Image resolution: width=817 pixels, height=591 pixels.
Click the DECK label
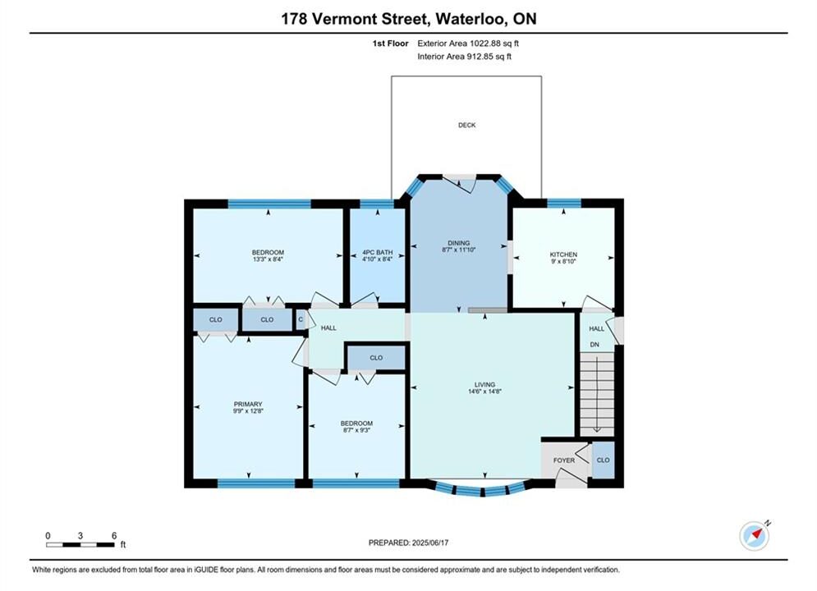[x=467, y=125]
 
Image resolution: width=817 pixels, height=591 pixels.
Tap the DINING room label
[x=458, y=243]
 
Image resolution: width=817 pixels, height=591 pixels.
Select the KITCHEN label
[x=563, y=254]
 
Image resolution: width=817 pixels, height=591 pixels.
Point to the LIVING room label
[x=484, y=385]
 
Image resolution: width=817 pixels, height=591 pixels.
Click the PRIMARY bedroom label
[x=248, y=404]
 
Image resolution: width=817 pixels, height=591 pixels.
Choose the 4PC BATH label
[x=377, y=253]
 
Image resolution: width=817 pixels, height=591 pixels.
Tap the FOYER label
[x=564, y=460]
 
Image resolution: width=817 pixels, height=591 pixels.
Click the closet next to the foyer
[x=604, y=460]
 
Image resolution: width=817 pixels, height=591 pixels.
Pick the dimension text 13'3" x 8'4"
[x=268, y=259]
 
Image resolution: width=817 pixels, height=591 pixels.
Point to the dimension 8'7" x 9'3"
[x=357, y=430]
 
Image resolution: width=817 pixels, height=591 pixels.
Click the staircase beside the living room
[x=598, y=394]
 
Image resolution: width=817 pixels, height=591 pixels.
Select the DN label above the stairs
[x=594, y=345]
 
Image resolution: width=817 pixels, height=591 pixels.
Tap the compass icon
[x=754, y=536]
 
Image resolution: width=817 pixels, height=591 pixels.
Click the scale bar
[x=80, y=545]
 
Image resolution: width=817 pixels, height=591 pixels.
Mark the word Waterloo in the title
[x=470, y=19]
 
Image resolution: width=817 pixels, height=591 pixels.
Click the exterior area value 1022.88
[x=485, y=44]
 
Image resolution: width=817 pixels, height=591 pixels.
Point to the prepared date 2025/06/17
[x=430, y=543]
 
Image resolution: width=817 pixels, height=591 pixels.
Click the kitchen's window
[x=564, y=203]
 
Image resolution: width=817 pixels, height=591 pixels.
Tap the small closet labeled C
[x=301, y=319]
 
